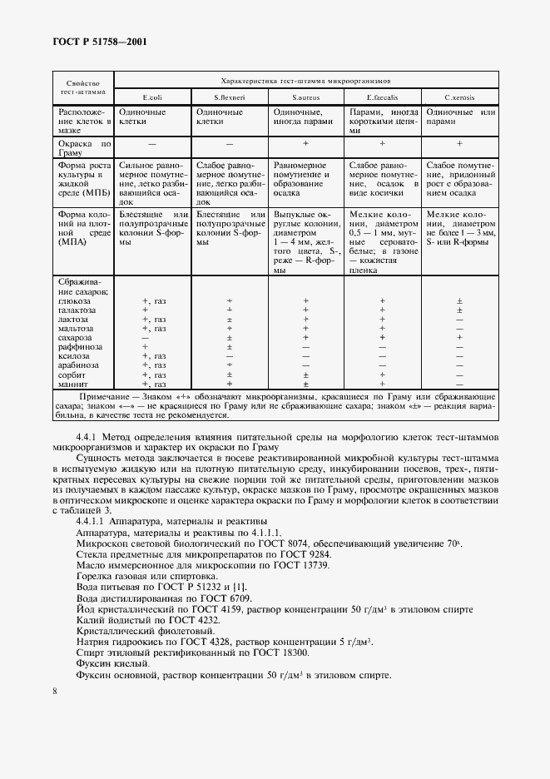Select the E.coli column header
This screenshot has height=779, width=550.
[152, 97]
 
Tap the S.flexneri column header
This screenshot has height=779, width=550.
[229, 97]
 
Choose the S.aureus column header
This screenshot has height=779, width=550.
[305, 97]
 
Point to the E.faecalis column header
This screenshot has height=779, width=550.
[382, 97]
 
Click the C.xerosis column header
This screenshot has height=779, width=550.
[459, 97]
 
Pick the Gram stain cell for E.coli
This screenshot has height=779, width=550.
[152, 144]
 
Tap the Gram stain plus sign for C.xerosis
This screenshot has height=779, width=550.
[459, 144]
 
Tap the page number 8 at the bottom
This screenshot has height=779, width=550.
[55, 691]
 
